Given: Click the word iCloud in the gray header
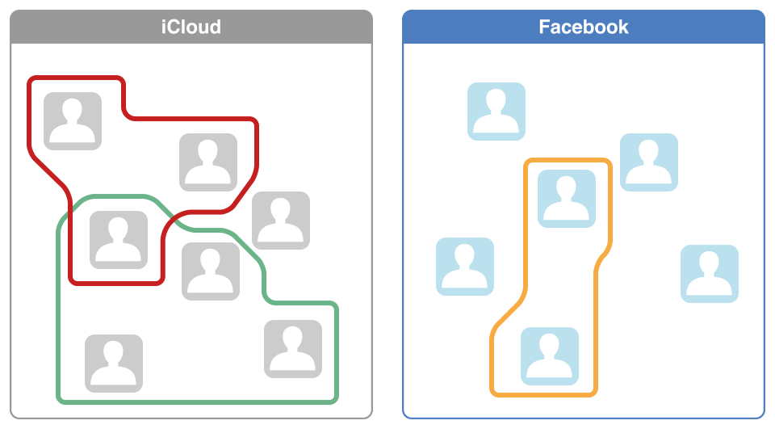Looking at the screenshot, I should point(191,27).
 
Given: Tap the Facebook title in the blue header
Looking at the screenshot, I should point(583,27).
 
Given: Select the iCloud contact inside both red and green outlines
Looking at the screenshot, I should point(119,240).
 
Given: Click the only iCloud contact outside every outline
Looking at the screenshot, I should point(281,221).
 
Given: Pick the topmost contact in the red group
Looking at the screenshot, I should point(73,121).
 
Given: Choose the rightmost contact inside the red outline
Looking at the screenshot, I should point(208,162).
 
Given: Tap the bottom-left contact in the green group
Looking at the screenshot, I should point(114,364).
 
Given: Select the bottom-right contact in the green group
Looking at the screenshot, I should point(293,349).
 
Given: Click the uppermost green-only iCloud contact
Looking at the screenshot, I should point(211,271).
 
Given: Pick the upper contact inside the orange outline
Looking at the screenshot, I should point(567,199).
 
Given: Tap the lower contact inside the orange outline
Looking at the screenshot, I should point(550,355).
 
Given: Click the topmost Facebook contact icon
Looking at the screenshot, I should point(496,111).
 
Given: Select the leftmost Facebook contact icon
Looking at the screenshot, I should point(465,267).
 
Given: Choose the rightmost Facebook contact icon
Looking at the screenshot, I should point(710,274).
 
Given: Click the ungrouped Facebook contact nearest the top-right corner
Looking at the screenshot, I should point(649,162).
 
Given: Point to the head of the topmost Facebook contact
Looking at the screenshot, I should point(496,100).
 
